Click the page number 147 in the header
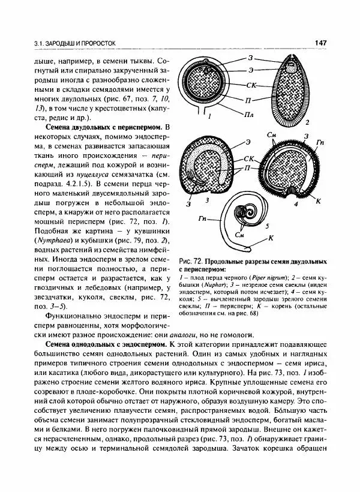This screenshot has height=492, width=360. click(319, 43)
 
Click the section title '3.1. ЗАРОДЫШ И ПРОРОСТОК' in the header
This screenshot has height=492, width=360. click(75, 43)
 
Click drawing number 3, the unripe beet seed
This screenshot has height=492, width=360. click(208, 167)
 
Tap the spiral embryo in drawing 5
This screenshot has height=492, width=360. click(243, 219)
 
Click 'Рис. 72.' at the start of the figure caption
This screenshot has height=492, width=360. click(191, 262)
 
